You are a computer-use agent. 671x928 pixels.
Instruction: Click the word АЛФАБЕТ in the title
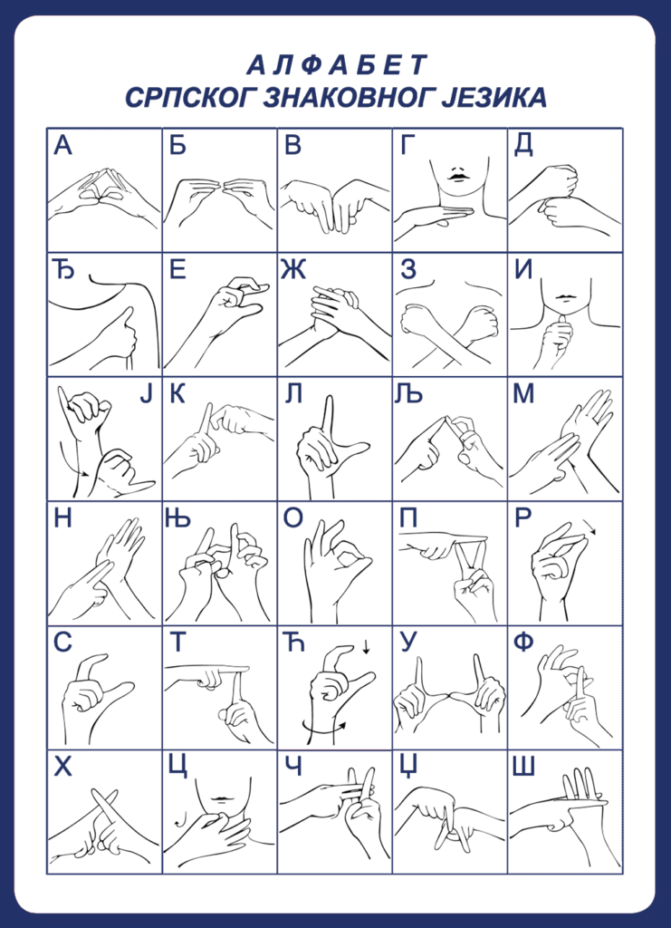335,65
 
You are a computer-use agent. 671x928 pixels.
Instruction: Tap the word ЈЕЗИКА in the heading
494,98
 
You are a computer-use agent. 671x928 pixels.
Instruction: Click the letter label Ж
295,270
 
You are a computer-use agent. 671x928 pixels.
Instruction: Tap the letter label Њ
178,519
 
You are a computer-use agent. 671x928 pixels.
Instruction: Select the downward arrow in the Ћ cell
366,647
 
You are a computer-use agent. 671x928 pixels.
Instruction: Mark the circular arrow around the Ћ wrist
324,729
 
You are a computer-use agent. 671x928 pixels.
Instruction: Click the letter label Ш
524,767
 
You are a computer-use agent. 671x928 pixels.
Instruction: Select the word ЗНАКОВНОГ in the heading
345,98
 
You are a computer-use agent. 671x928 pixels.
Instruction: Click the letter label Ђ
62,270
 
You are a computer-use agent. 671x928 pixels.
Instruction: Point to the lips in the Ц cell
220,800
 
